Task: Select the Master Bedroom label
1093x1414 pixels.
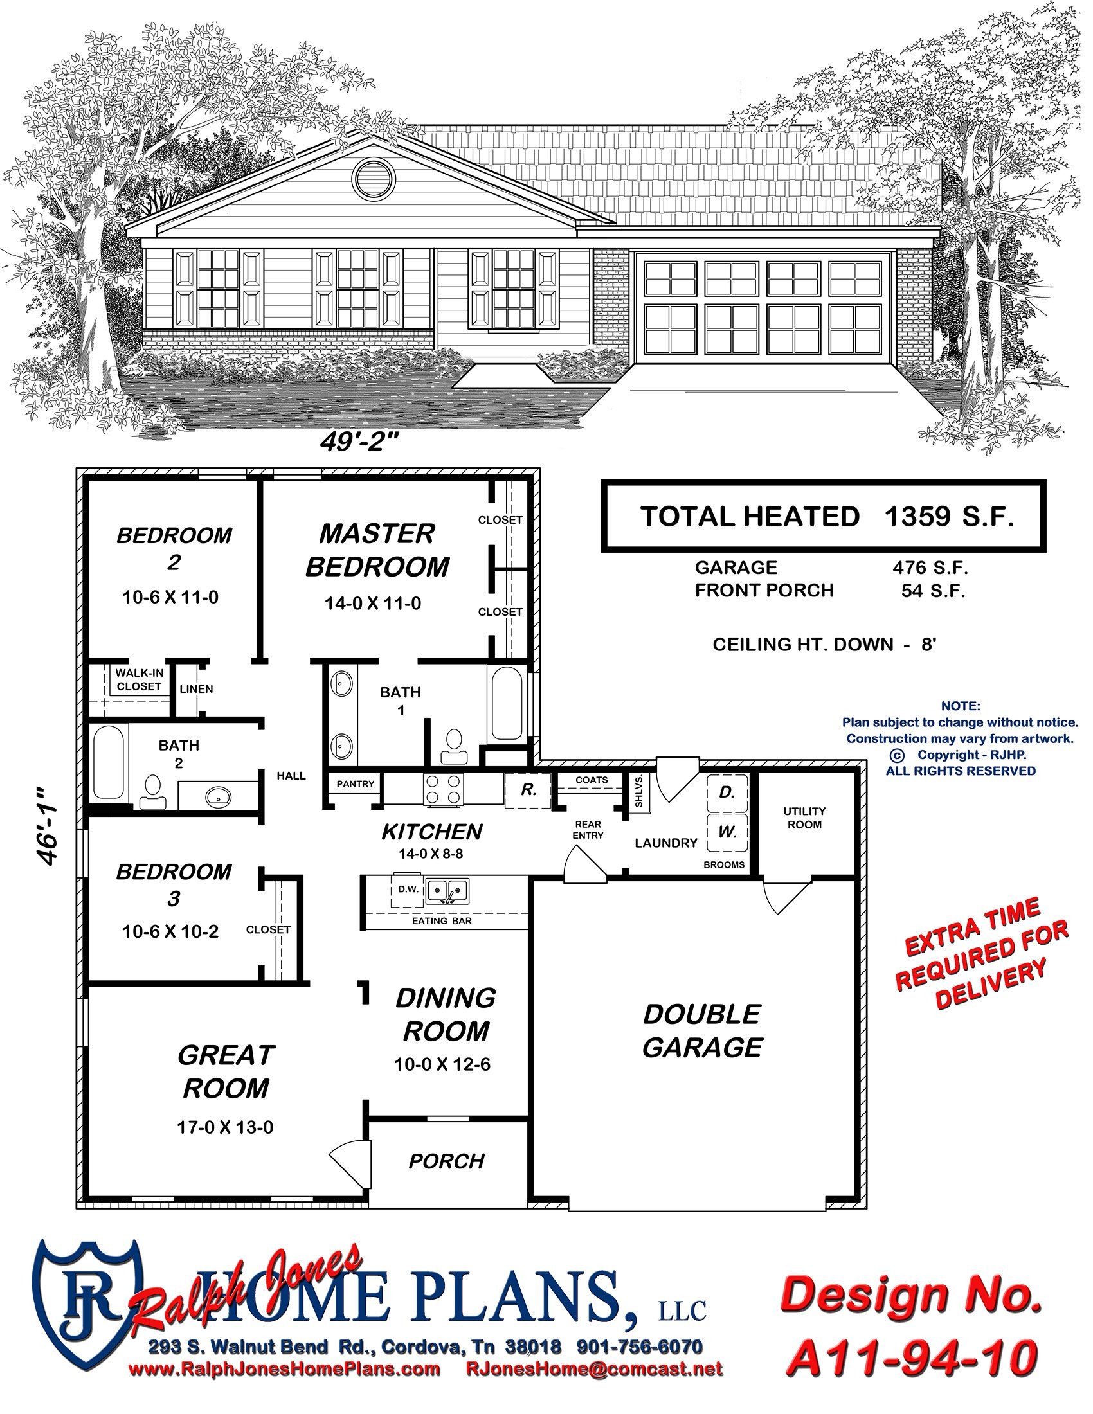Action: tap(377, 550)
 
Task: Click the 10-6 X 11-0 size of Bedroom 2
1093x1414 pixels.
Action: tap(170, 598)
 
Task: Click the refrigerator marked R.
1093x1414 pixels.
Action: tap(528, 790)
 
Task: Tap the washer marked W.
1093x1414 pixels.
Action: tap(727, 832)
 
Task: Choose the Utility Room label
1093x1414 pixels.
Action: tap(805, 818)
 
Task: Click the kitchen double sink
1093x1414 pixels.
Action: tap(446, 891)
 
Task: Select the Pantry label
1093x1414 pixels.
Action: tap(356, 784)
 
